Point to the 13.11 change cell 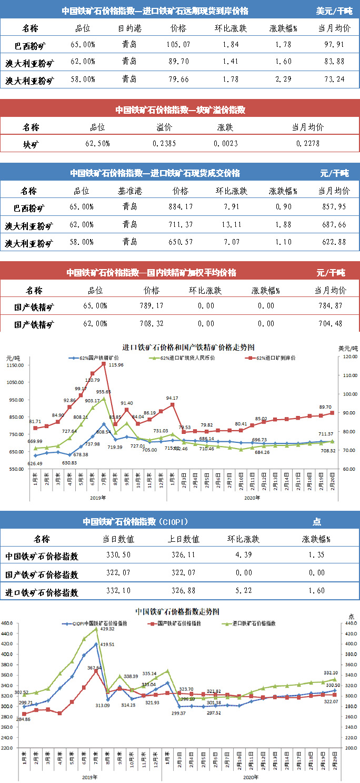[x=231, y=225]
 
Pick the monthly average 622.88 [x=334, y=243]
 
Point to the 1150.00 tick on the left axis [x=16, y=365]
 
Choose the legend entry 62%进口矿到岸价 [x=272, y=358]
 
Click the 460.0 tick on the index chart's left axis [x=9, y=623]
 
